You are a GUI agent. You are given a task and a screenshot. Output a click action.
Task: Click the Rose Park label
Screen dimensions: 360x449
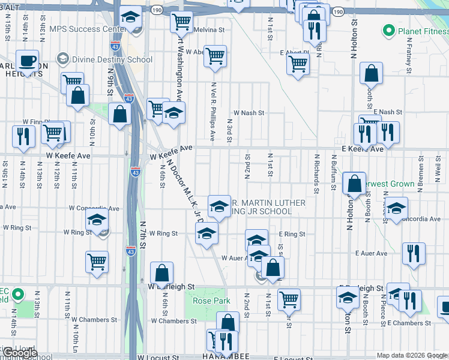tap(203, 301)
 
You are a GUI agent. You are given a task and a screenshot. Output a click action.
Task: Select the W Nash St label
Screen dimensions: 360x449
tap(249, 112)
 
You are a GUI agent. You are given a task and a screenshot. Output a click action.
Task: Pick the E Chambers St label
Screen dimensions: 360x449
tap(414, 323)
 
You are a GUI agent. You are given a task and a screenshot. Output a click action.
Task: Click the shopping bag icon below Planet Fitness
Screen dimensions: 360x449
tap(372, 74)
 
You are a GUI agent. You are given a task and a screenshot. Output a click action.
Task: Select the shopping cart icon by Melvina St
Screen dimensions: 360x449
tap(181, 22)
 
